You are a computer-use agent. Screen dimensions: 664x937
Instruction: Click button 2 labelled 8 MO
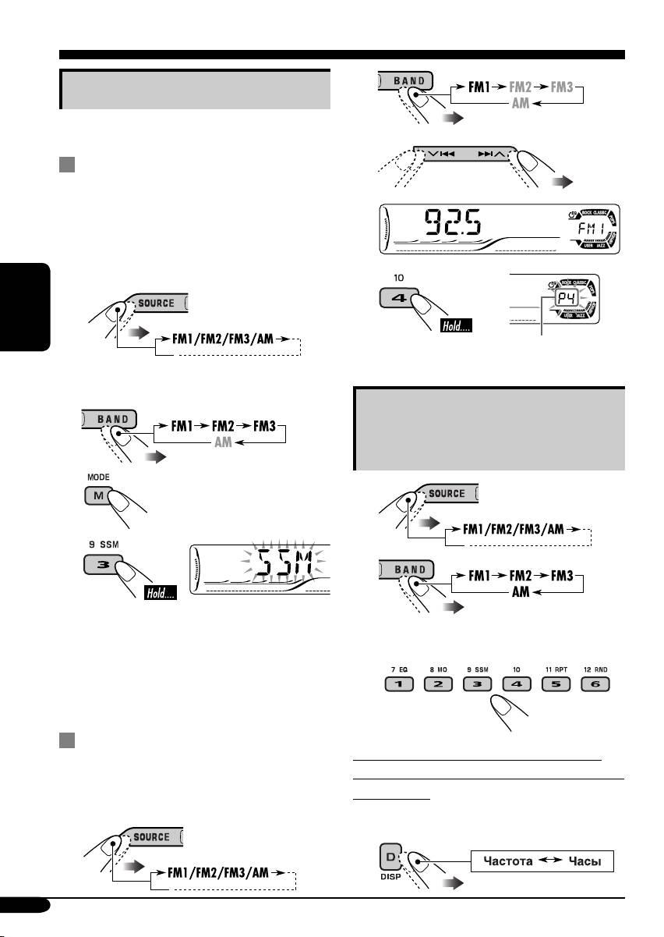coord(438,686)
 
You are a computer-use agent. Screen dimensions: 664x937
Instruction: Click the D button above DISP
coord(390,856)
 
